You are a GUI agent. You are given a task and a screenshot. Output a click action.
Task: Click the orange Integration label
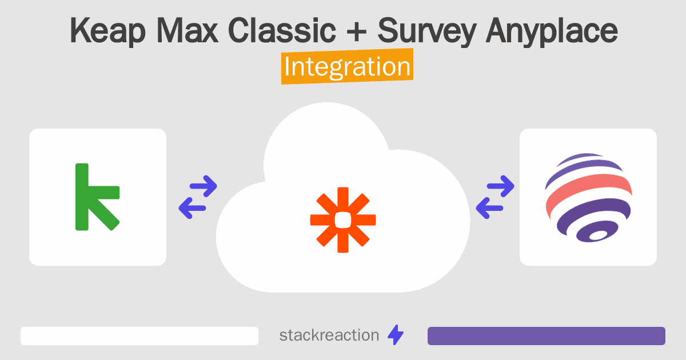(x=347, y=67)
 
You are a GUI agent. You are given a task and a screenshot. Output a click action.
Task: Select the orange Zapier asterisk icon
(x=343, y=219)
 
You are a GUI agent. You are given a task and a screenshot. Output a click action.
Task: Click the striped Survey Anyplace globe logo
(x=588, y=197)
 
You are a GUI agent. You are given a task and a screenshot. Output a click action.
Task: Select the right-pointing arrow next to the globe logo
(x=501, y=185)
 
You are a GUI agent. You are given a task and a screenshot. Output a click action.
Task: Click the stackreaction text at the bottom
(x=329, y=335)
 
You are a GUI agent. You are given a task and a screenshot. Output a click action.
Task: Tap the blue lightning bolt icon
(x=396, y=335)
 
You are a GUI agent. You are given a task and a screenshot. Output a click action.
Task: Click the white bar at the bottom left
(x=139, y=336)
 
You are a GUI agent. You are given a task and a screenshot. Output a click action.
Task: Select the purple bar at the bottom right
(x=546, y=336)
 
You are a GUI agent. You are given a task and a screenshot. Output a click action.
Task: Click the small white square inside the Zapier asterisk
(x=343, y=219)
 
